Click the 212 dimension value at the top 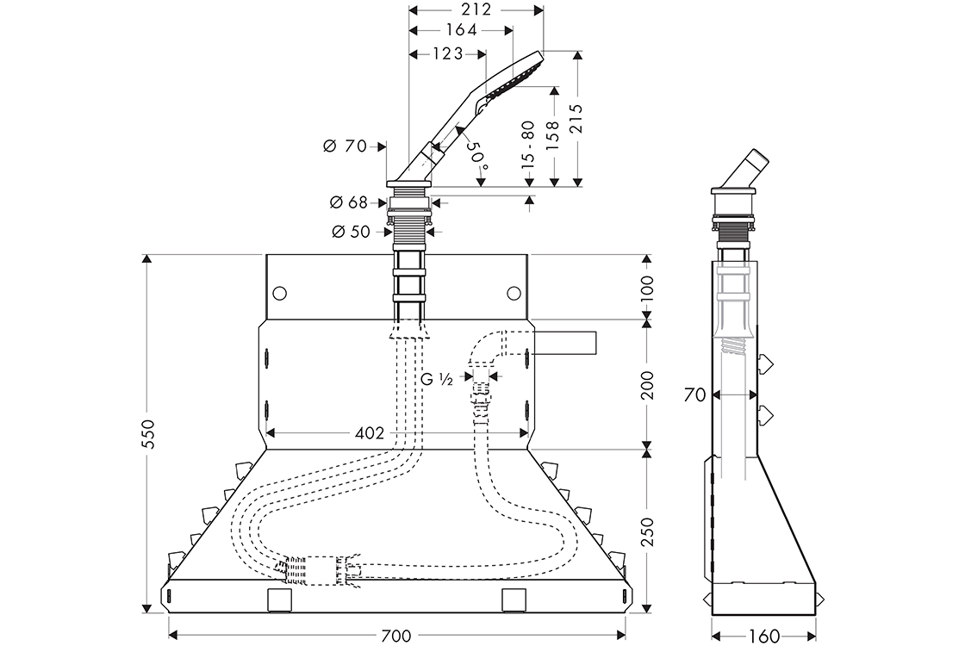click(x=476, y=9)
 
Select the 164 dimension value click(x=461, y=31)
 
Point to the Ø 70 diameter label click(x=344, y=146)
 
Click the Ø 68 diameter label click(x=348, y=203)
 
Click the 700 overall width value click(x=395, y=636)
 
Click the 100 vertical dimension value click(x=649, y=284)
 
